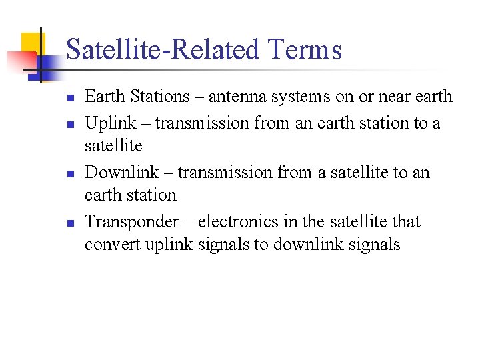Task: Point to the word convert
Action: coord(108,245)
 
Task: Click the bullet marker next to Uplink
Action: coord(69,124)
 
